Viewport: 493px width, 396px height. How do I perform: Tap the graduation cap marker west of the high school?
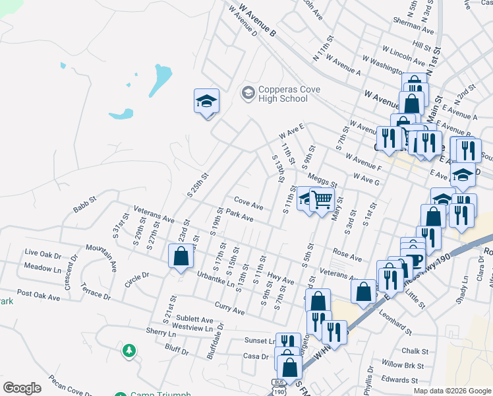click(x=206, y=102)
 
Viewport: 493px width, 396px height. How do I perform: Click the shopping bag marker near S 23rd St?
click(x=181, y=256)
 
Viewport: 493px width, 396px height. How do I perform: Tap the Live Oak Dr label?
click(x=42, y=253)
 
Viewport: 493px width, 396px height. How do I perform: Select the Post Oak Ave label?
click(x=38, y=294)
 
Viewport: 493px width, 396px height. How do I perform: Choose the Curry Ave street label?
click(x=229, y=308)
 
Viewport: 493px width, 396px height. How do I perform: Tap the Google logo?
click(x=22, y=388)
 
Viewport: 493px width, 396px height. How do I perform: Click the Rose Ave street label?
click(x=347, y=253)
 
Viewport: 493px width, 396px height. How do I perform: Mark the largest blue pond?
click(x=161, y=79)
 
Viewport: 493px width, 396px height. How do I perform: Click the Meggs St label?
click(x=322, y=178)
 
